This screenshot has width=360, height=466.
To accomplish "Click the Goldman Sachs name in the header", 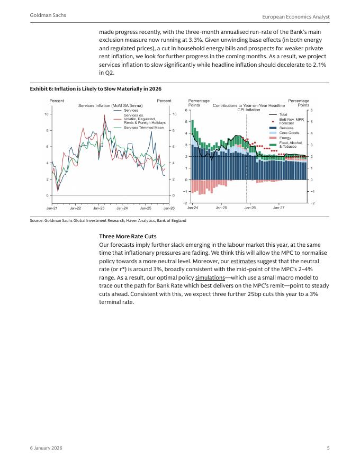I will point(48,16).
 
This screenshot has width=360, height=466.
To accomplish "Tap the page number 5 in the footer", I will point(328,449).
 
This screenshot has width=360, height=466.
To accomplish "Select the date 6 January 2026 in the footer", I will point(46,449).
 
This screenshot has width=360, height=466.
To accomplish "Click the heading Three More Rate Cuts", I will point(128,236).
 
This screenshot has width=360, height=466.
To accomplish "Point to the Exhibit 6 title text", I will point(96,88).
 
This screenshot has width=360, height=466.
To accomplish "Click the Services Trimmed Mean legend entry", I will point(144,127).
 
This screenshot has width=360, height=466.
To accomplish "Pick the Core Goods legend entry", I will point(289,133).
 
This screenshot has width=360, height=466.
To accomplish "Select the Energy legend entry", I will point(285,138).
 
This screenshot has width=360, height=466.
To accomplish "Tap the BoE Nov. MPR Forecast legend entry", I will point(291,121).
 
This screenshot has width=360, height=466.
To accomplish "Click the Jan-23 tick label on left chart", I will point(99,208).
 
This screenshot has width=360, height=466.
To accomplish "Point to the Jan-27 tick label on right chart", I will point(278,208).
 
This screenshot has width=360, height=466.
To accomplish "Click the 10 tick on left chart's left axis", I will point(47,114).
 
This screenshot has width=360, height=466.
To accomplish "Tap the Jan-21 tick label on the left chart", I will point(52,208).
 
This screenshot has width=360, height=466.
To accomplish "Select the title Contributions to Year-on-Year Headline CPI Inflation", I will point(248,107).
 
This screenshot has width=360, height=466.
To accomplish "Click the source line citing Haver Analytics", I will point(108,220).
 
